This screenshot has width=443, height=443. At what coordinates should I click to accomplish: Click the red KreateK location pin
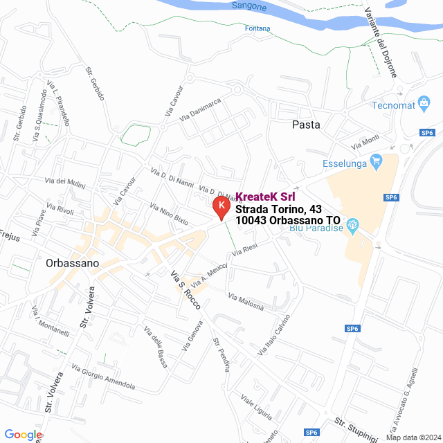220,207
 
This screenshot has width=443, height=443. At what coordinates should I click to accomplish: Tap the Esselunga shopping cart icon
377,164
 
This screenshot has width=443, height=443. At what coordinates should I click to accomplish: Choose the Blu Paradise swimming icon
352,224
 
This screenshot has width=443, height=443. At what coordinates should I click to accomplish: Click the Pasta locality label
306,125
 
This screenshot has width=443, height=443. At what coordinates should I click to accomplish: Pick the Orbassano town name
72,263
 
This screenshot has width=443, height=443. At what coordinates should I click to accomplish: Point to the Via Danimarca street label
200,111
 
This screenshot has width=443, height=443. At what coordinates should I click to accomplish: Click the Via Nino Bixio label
169,215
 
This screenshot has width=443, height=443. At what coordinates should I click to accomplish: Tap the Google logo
23,435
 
